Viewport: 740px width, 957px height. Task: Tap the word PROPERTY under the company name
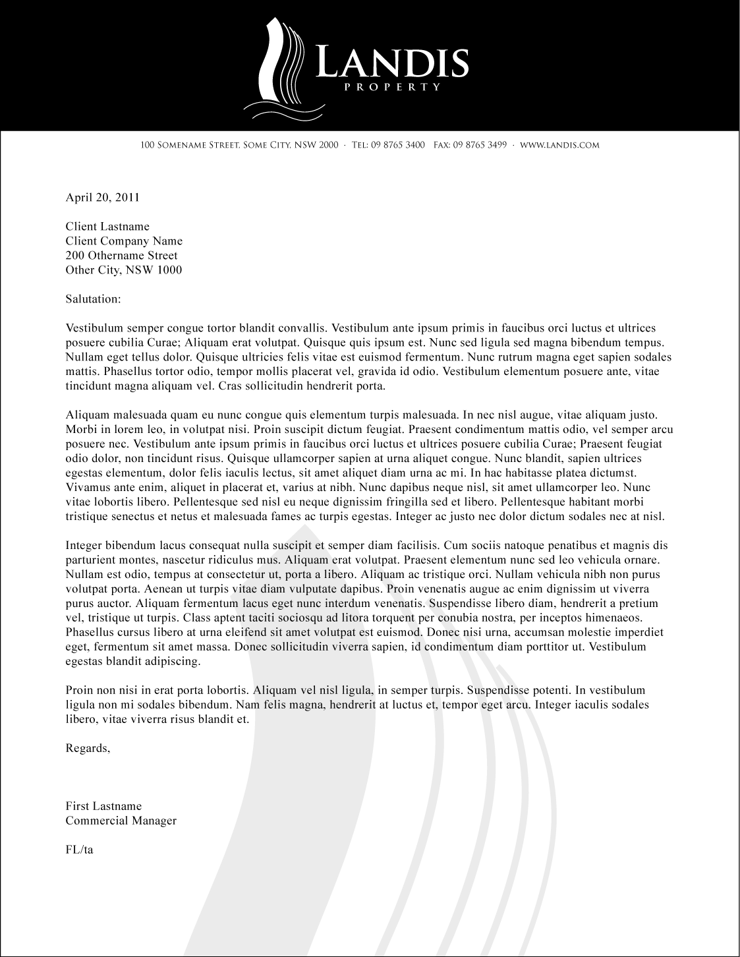[393, 86]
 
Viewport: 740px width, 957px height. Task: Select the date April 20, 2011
[102, 197]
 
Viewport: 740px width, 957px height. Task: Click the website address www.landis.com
[559, 145]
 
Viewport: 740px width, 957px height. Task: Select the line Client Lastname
[107, 227]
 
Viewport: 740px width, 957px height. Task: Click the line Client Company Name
[124, 241]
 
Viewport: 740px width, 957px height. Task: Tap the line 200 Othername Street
[121, 256]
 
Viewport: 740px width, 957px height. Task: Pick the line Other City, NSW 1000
[124, 270]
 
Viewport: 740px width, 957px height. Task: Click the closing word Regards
[88, 748]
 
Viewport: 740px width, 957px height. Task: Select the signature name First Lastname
[103, 806]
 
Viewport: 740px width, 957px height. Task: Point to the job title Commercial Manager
[121, 821]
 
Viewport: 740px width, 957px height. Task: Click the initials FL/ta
[79, 850]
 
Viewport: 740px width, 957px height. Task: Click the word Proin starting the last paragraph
[79, 690]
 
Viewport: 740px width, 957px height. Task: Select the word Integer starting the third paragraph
[84, 546]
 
